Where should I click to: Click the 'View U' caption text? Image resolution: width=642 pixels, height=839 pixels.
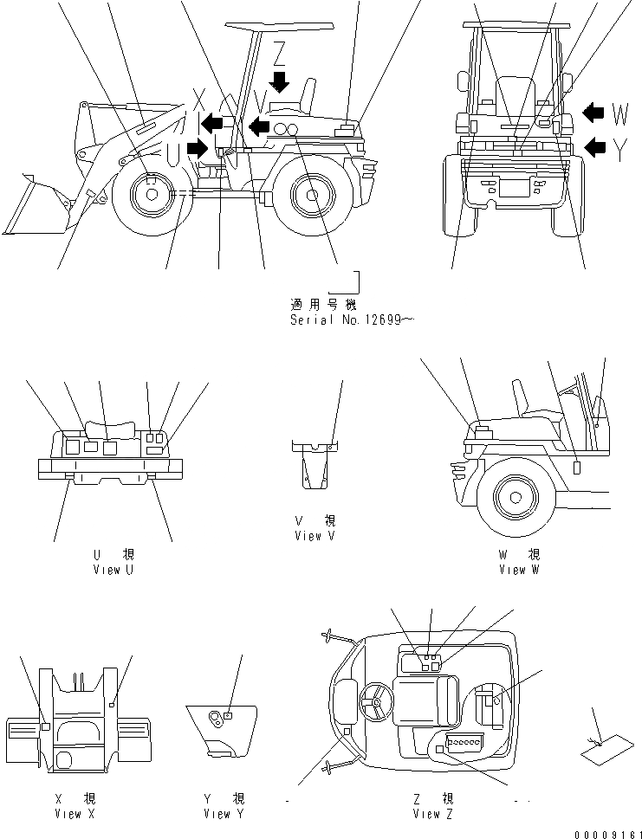[x=113, y=570]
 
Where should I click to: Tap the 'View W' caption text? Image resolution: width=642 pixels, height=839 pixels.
[x=519, y=570]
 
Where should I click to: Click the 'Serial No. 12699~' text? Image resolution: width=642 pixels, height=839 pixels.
[x=352, y=319]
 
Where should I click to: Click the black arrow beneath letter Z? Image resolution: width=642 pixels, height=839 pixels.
[x=279, y=81]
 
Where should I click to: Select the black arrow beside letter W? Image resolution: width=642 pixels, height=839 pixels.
[x=593, y=112]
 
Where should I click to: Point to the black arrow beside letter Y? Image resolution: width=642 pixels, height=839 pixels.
[x=595, y=146]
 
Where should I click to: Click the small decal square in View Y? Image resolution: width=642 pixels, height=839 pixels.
[x=227, y=715]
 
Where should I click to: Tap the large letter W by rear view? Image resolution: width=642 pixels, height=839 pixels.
[x=620, y=113]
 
